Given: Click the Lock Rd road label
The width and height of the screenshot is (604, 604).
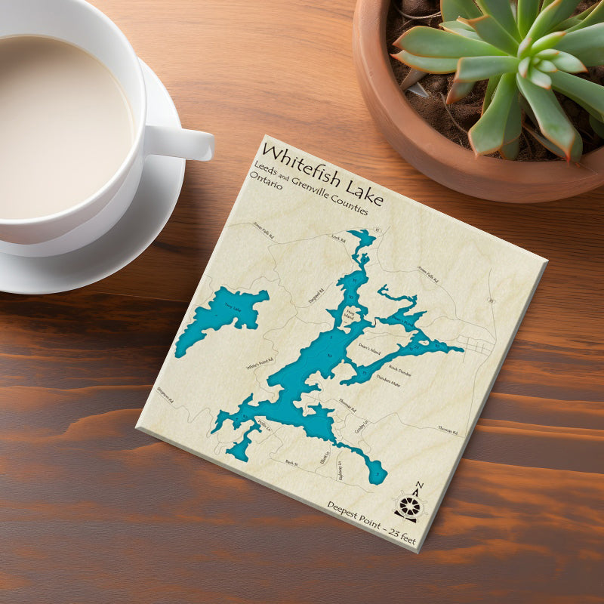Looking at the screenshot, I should tap(338, 240).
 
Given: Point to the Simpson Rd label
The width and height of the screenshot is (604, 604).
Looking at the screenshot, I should tap(165, 394).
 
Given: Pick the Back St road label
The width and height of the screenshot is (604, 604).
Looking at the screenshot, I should tap(292, 462).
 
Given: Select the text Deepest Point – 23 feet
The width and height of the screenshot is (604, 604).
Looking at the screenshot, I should tap(371, 522).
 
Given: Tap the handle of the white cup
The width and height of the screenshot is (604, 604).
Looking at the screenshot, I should tap(185, 141).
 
